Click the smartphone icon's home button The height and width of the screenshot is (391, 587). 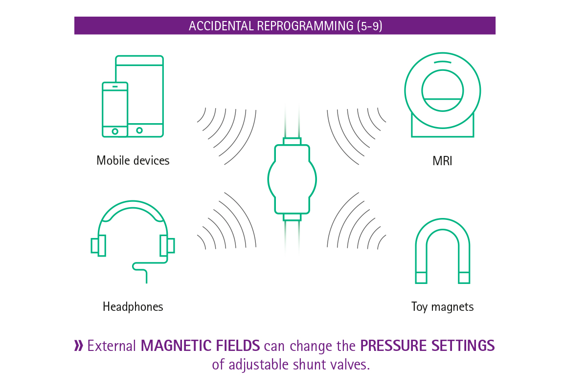115,131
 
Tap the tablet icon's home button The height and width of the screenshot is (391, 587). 139,130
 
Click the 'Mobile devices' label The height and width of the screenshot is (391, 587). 133,160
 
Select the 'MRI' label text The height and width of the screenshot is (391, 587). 442,161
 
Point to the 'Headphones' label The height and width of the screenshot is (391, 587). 133,306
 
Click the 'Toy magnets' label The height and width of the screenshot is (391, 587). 442,306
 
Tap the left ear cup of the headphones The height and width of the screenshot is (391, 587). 98,245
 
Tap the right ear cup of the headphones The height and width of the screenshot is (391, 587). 167,245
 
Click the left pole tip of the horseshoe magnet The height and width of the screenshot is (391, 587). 421,278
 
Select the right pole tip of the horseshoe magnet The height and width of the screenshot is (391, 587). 464,278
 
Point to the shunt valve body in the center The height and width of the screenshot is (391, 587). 292,179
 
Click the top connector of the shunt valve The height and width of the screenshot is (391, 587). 292,141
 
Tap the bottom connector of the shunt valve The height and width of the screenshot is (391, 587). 292,217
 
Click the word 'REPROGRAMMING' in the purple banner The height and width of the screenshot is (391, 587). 305,26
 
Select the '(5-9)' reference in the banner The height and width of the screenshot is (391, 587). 369,26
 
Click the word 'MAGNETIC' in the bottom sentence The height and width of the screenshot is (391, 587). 177,346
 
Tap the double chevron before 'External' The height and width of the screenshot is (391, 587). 79,346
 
